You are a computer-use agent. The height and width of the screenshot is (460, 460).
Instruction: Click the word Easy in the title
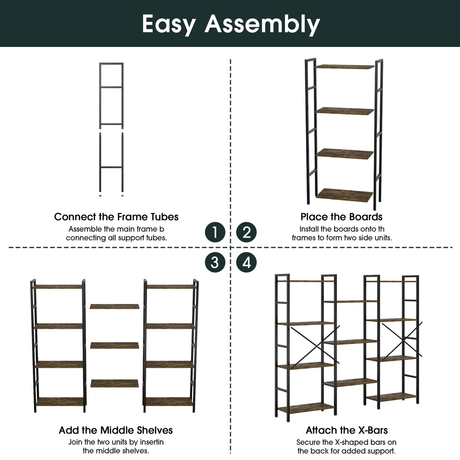click(x=168, y=24)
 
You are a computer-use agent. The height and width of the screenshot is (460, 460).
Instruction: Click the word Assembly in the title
click(x=262, y=24)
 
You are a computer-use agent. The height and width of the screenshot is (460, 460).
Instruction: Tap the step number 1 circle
click(x=215, y=232)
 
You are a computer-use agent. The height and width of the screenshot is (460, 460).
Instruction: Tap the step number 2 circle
click(x=246, y=232)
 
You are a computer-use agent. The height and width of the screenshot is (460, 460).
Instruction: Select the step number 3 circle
click(x=215, y=262)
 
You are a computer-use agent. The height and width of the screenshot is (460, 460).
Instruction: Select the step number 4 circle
click(x=246, y=262)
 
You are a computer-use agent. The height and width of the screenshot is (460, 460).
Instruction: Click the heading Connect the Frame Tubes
click(x=116, y=217)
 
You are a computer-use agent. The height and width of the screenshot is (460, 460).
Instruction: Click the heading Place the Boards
click(x=341, y=217)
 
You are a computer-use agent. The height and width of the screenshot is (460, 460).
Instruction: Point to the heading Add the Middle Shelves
click(x=116, y=430)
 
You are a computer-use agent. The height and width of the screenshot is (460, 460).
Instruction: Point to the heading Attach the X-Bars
click(x=347, y=430)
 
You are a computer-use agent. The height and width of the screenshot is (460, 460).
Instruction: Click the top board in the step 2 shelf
click(x=344, y=67)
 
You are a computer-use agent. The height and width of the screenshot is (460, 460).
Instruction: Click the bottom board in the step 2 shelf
click(x=345, y=195)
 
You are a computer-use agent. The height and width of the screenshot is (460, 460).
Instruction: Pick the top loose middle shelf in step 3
click(x=114, y=306)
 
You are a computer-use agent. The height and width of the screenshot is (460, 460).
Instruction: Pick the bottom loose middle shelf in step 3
click(x=114, y=383)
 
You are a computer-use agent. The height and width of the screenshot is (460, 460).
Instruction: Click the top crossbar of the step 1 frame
click(x=111, y=64)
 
